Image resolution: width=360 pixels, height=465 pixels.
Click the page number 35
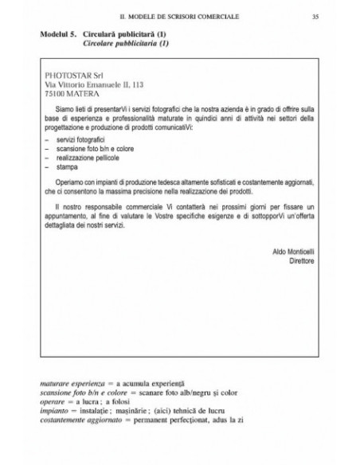316,16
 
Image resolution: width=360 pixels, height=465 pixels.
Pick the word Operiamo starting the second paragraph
73,182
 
